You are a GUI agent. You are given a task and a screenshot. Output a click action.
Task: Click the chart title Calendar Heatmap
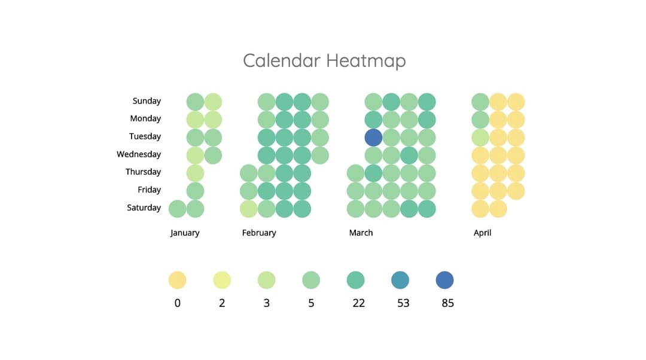pyautogui.click(x=324, y=60)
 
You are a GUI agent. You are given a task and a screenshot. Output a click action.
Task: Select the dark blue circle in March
pyautogui.click(x=373, y=138)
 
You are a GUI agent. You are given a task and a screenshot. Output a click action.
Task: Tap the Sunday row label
pyautogui.click(x=147, y=101)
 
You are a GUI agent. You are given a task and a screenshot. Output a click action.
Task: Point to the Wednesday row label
pyautogui.click(x=139, y=154)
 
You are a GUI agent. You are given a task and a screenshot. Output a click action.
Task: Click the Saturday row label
pyautogui.click(x=144, y=208)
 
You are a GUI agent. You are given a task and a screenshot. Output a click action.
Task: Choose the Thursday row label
pyautogui.click(x=143, y=172)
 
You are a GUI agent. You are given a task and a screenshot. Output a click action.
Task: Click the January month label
pyautogui.click(x=185, y=233)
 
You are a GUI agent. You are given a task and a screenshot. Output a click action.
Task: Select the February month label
pyautogui.click(x=259, y=233)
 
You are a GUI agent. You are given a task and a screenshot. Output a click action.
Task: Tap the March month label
pyautogui.click(x=361, y=233)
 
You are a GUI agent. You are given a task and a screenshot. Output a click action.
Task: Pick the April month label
pyautogui.click(x=483, y=233)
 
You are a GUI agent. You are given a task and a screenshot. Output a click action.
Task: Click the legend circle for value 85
pyautogui.click(x=444, y=280)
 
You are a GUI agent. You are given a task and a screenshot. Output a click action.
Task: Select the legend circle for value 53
pyautogui.click(x=400, y=280)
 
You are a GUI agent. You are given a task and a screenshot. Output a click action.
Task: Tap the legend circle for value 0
pyautogui.click(x=178, y=280)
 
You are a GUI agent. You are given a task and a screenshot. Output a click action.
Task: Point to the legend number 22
pyautogui.click(x=358, y=303)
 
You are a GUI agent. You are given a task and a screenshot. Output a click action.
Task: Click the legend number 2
pyautogui.click(x=222, y=303)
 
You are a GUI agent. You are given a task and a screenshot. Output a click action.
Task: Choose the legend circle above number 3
pyautogui.click(x=267, y=280)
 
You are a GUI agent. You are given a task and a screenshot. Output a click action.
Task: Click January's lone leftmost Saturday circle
pyautogui.click(x=178, y=209)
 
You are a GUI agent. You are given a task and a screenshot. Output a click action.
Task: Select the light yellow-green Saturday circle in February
pyautogui.click(x=249, y=209)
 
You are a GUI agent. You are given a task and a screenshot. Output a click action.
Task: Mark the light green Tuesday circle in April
pyautogui.click(x=480, y=138)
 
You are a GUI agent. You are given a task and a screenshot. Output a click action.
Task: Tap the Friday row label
pyautogui.click(x=149, y=190)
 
